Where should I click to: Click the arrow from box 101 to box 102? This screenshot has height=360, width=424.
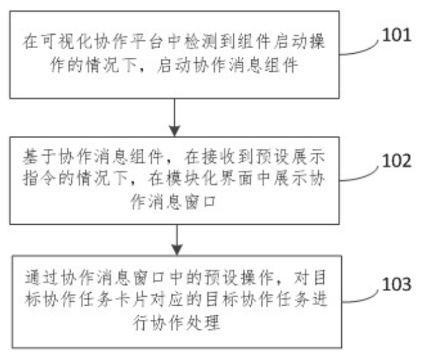[x=177, y=117]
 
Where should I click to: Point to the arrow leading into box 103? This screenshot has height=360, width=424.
[x=177, y=241]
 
